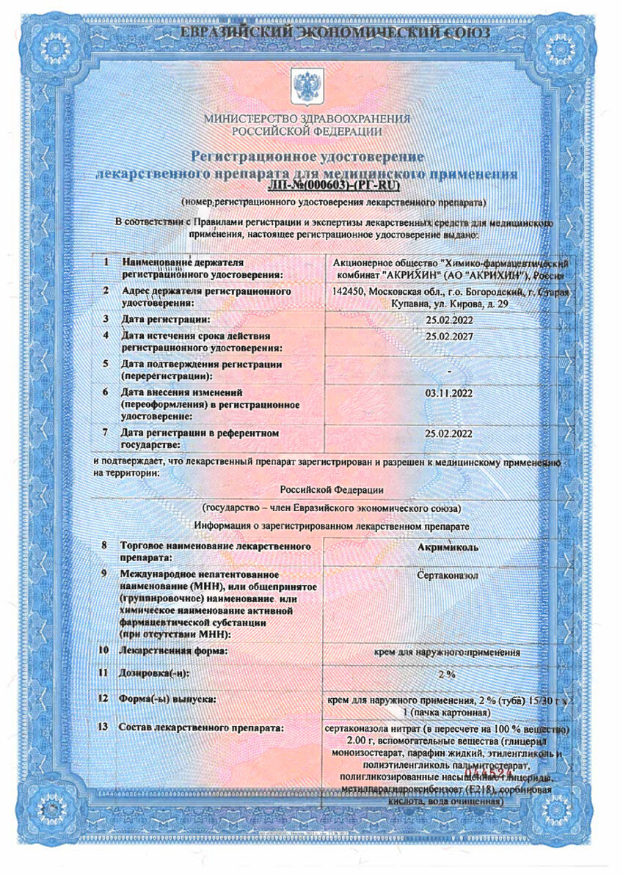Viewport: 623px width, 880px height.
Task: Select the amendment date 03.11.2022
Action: [x=448, y=393]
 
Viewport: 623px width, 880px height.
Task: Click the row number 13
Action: [x=103, y=727]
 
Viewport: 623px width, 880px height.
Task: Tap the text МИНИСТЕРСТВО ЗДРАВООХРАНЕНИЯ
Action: [x=307, y=119]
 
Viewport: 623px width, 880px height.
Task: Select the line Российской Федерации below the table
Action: [x=332, y=490]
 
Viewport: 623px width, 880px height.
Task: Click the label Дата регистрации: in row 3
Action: [x=166, y=319]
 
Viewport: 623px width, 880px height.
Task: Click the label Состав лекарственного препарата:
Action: [x=202, y=727]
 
